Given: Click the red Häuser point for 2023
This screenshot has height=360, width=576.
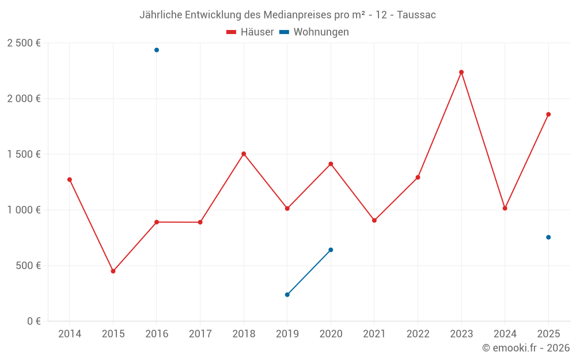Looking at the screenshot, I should tap(461, 72).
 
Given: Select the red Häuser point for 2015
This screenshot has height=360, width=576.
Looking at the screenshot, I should tap(113, 271).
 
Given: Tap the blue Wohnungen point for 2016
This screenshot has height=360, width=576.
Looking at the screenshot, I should tap(157, 50).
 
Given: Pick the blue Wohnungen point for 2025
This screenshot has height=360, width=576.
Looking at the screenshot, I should tap(548, 237).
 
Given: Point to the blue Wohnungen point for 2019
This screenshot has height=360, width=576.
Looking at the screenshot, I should tap(287, 295).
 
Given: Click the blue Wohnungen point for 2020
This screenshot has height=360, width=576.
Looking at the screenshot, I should tap(331, 250).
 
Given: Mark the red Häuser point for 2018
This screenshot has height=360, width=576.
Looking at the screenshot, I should tap(244, 154).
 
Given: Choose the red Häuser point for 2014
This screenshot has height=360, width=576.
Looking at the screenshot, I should tap(70, 180).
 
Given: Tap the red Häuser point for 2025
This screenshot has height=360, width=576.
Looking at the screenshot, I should tap(548, 115).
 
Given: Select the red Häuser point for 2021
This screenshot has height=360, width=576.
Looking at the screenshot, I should tap(374, 221).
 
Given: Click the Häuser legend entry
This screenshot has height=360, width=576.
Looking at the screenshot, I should tap(250, 32).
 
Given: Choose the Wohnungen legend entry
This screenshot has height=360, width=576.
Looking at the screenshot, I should tap(314, 32).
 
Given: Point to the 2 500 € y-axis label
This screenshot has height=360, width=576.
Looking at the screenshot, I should tap(24, 43).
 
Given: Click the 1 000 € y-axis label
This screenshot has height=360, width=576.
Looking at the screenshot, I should tap(24, 210).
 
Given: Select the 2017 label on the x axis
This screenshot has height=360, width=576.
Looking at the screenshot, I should tap(200, 334).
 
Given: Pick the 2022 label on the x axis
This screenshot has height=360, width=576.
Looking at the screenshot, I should tap(418, 334).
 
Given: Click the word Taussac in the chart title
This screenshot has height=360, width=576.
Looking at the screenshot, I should tap(416, 15).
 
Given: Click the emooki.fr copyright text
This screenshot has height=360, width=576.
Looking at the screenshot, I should tap(526, 348).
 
